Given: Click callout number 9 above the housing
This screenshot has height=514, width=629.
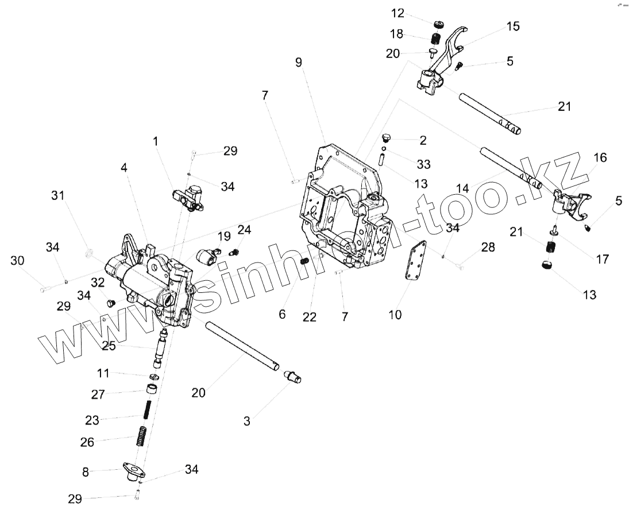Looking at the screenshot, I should pyautogui.click(x=299, y=63).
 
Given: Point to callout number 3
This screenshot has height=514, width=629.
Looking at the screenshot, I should pyautogui.click(x=247, y=421).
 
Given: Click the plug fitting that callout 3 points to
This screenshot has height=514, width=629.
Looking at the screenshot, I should pyautogui.click(x=293, y=377).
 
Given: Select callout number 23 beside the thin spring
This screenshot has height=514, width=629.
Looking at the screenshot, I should pyautogui.click(x=92, y=420).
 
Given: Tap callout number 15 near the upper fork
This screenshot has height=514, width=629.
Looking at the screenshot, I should pyautogui.click(x=513, y=26).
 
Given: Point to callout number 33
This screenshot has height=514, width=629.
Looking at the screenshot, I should pyautogui.click(x=423, y=165).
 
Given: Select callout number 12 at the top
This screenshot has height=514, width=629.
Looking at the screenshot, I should pyautogui.click(x=414, y=13).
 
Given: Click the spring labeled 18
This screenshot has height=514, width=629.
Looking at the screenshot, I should pyautogui.click(x=436, y=40).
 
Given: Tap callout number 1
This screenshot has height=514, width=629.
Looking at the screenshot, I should pyautogui.click(x=155, y=140).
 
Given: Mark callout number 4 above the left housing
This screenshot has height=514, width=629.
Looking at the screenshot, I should pyautogui.click(x=124, y=167).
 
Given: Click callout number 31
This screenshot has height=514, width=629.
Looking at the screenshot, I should pyautogui.click(x=57, y=196).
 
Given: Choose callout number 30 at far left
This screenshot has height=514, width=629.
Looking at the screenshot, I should pyautogui.click(x=18, y=261).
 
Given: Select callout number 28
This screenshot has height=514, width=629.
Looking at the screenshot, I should pyautogui.click(x=488, y=247).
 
